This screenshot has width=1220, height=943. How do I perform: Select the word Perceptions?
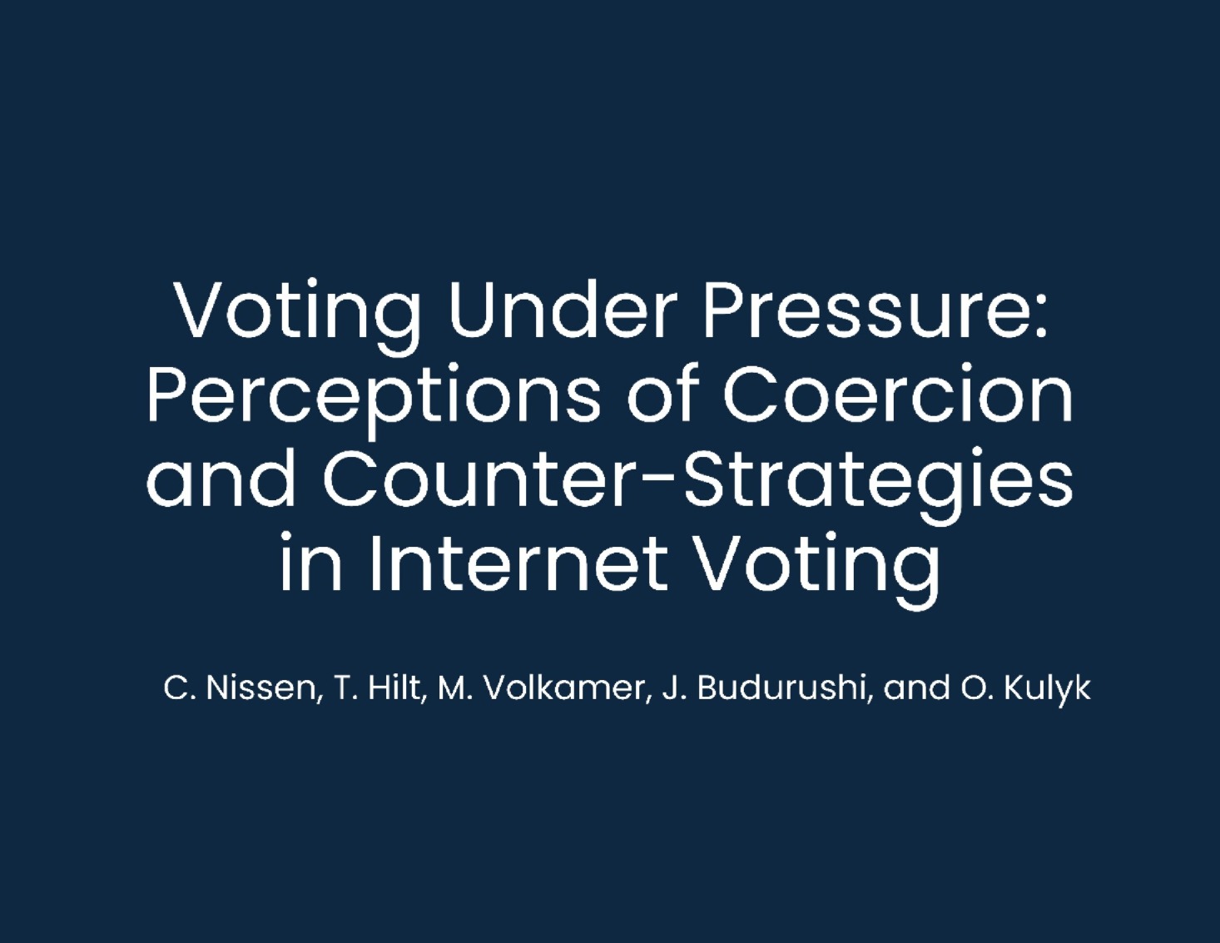click(x=374, y=401)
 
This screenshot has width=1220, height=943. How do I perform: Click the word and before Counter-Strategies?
click(x=221, y=479)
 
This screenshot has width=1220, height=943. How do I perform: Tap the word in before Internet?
click(x=311, y=562)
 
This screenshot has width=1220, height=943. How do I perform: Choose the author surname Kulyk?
click(x=1047, y=691)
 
